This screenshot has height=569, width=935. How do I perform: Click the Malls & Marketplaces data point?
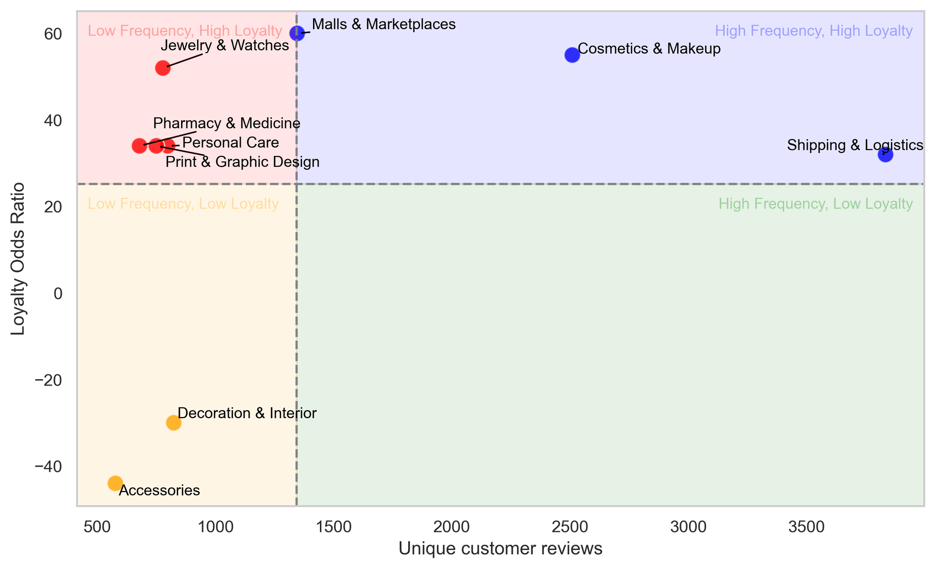point(297,34)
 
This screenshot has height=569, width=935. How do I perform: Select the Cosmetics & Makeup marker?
point(572,55)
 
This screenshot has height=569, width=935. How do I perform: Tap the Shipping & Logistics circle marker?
point(885,155)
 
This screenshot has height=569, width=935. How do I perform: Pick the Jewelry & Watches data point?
point(163,68)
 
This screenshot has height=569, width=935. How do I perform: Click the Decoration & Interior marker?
point(173,422)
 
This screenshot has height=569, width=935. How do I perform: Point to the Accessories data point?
point(114,483)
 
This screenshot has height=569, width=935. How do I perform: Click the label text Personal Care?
point(230,143)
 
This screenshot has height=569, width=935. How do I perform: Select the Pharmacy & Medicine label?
point(226,123)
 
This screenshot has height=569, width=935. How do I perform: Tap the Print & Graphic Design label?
point(243,162)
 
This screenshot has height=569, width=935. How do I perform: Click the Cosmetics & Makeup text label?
point(649,49)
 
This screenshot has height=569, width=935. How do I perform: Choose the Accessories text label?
point(159,490)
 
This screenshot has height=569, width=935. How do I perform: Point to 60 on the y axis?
point(53,34)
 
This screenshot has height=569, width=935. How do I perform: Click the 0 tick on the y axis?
point(58,294)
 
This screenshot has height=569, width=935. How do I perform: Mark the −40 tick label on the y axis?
point(48,467)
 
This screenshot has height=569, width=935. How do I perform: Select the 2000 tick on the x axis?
point(451,527)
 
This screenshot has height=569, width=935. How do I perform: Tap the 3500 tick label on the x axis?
point(806,527)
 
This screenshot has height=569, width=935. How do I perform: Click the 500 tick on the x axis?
point(97,527)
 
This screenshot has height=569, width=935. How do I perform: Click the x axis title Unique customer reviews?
point(500,549)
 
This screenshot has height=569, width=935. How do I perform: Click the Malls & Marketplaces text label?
point(383,24)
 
